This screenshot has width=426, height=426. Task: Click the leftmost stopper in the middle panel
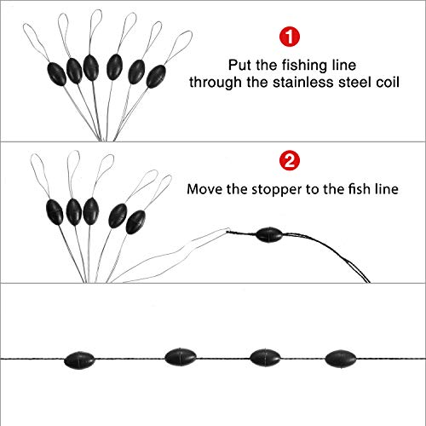[52, 209]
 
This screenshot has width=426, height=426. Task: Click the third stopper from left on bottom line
[262, 356]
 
